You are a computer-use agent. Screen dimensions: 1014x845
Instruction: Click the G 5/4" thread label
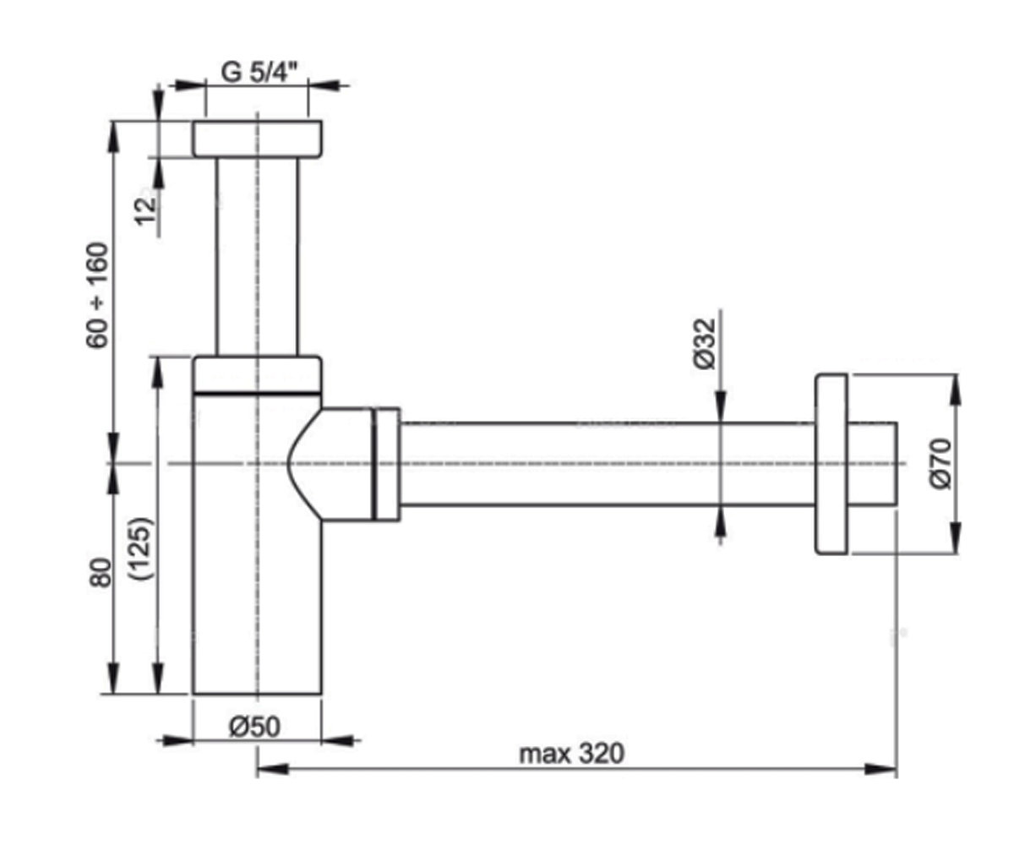(259, 73)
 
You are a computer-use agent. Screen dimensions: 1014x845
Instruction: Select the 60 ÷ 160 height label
(97, 295)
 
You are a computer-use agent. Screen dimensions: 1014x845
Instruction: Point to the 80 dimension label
(101, 573)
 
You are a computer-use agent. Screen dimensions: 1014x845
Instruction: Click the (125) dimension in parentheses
(141, 548)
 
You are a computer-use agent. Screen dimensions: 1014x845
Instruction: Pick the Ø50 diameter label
(254, 727)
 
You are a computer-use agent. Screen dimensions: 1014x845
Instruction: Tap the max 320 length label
(571, 755)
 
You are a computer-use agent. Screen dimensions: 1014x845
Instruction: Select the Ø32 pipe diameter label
(704, 343)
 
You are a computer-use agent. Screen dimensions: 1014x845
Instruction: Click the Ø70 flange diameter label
(940, 464)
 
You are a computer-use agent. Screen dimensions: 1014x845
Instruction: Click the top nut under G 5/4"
(258, 139)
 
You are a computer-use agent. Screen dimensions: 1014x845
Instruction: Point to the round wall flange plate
(831, 464)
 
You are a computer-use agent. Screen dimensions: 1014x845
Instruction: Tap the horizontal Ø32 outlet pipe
(607, 464)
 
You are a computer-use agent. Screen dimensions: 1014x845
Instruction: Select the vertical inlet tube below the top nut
(258, 257)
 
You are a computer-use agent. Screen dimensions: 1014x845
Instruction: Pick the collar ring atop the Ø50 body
(258, 374)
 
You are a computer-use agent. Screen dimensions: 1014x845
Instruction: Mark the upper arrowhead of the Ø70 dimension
(955, 390)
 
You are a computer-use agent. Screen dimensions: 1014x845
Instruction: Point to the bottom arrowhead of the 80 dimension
(113, 678)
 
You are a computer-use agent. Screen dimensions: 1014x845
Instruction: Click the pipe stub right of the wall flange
(873, 464)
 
